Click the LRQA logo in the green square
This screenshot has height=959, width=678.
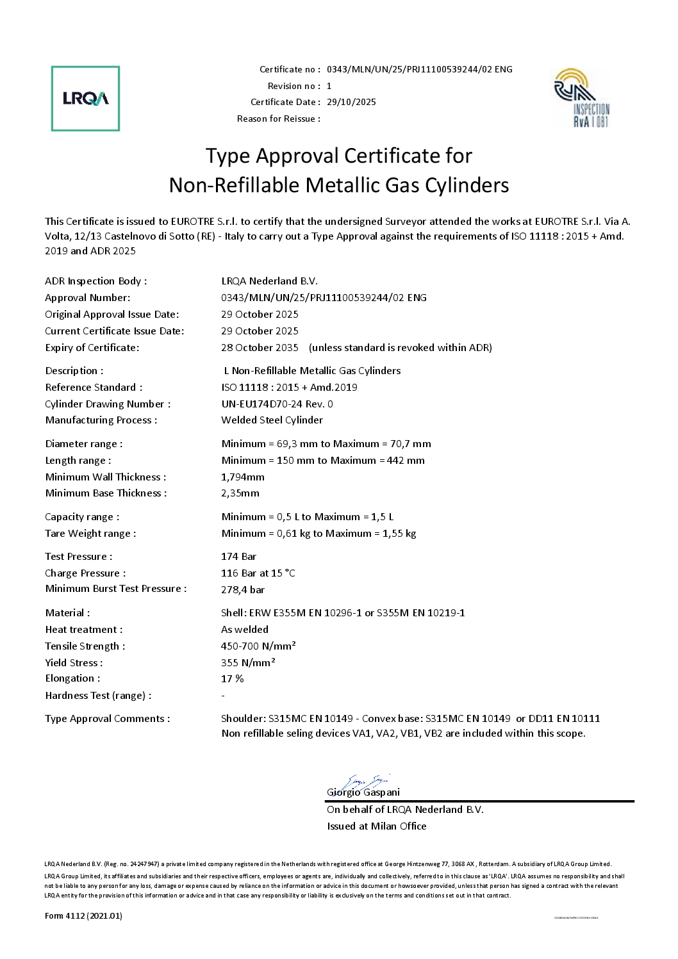pos(85,99)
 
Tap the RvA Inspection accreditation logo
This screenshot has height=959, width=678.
pos(581,98)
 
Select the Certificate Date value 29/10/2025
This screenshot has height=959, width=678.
pos(351,102)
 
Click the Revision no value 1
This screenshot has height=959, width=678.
pos(329,86)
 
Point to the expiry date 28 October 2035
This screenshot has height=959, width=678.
pos(260,348)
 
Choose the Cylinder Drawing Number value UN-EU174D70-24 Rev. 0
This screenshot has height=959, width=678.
pos(277,404)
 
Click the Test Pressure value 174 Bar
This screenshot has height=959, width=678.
pos(238,557)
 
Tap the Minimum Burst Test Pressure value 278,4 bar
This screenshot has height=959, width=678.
pos(243,590)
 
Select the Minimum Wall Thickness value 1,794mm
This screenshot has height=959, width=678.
pos(243,477)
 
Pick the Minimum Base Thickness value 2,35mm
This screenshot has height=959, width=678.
pos(240,493)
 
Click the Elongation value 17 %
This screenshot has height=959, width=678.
pos(233,679)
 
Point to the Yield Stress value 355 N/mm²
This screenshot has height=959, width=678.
pos(248,663)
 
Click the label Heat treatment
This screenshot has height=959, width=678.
pos(83,630)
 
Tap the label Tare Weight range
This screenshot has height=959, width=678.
pos(90,534)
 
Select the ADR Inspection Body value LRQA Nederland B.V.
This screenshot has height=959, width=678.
pos(269,281)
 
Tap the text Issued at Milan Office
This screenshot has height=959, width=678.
pos(376,826)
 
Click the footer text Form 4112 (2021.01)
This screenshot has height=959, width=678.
pos(83,916)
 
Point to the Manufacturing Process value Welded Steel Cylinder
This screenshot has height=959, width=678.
pos(272,420)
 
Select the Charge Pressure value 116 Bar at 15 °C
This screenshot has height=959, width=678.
pos(258,573)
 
